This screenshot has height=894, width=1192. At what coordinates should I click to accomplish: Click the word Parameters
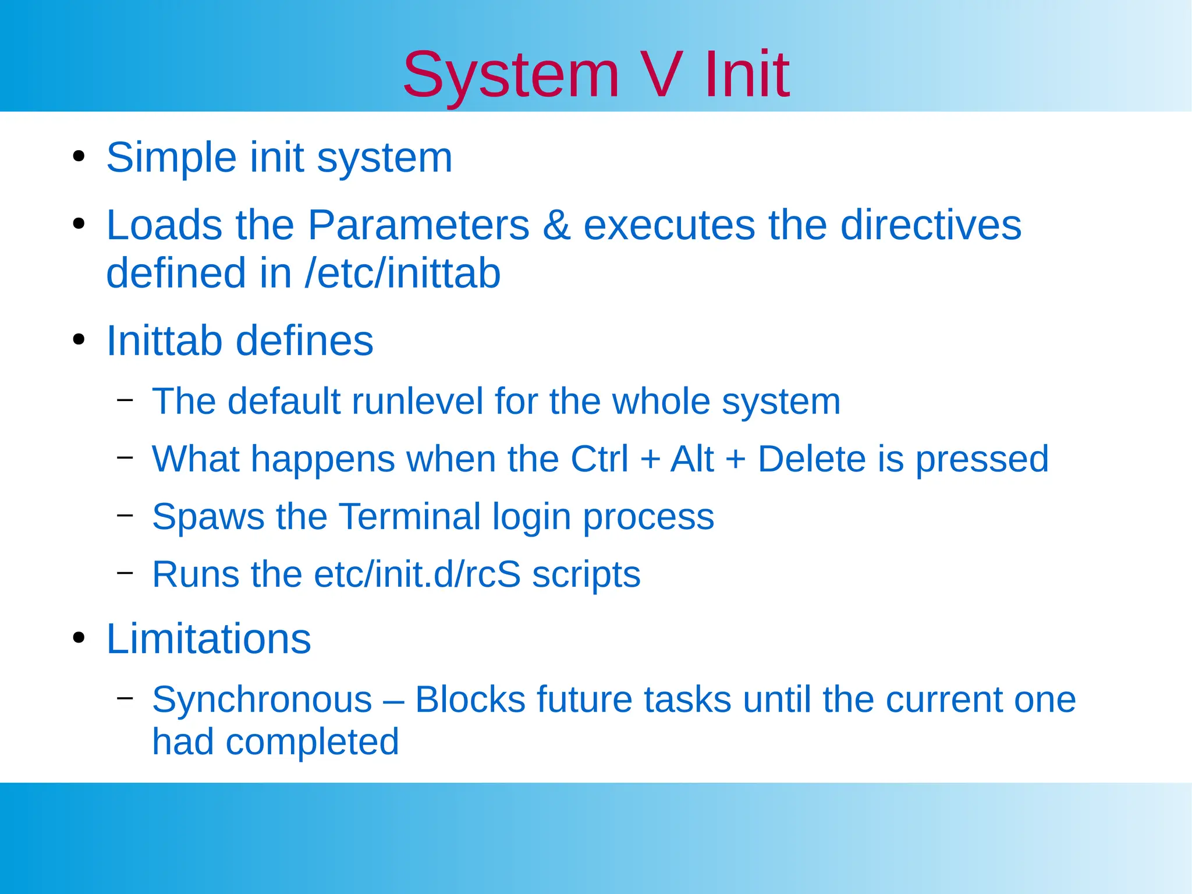(x=418, y=225)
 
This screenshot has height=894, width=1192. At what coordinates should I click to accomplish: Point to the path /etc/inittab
(x=402, y=274)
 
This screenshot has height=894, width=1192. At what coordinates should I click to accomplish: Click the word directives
(x=931, y=225)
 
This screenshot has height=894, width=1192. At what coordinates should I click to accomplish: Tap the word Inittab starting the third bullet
(x=164, y=340)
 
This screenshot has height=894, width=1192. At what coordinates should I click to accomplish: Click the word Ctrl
(x=599, y=459)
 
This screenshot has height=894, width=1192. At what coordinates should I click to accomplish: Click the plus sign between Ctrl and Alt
(x=650, y=459)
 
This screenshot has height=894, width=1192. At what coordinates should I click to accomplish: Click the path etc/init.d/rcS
(x=417, y=575)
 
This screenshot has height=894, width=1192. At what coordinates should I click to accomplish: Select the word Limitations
(x=208, y=639)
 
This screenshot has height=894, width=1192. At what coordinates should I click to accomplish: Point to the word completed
(x=312, y=742)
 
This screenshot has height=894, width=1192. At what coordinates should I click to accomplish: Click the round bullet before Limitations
(x=79, y=638)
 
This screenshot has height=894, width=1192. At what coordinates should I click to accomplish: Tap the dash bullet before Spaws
(x=125, y=515)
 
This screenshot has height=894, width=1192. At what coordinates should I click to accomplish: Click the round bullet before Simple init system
(x=79, y=157)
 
